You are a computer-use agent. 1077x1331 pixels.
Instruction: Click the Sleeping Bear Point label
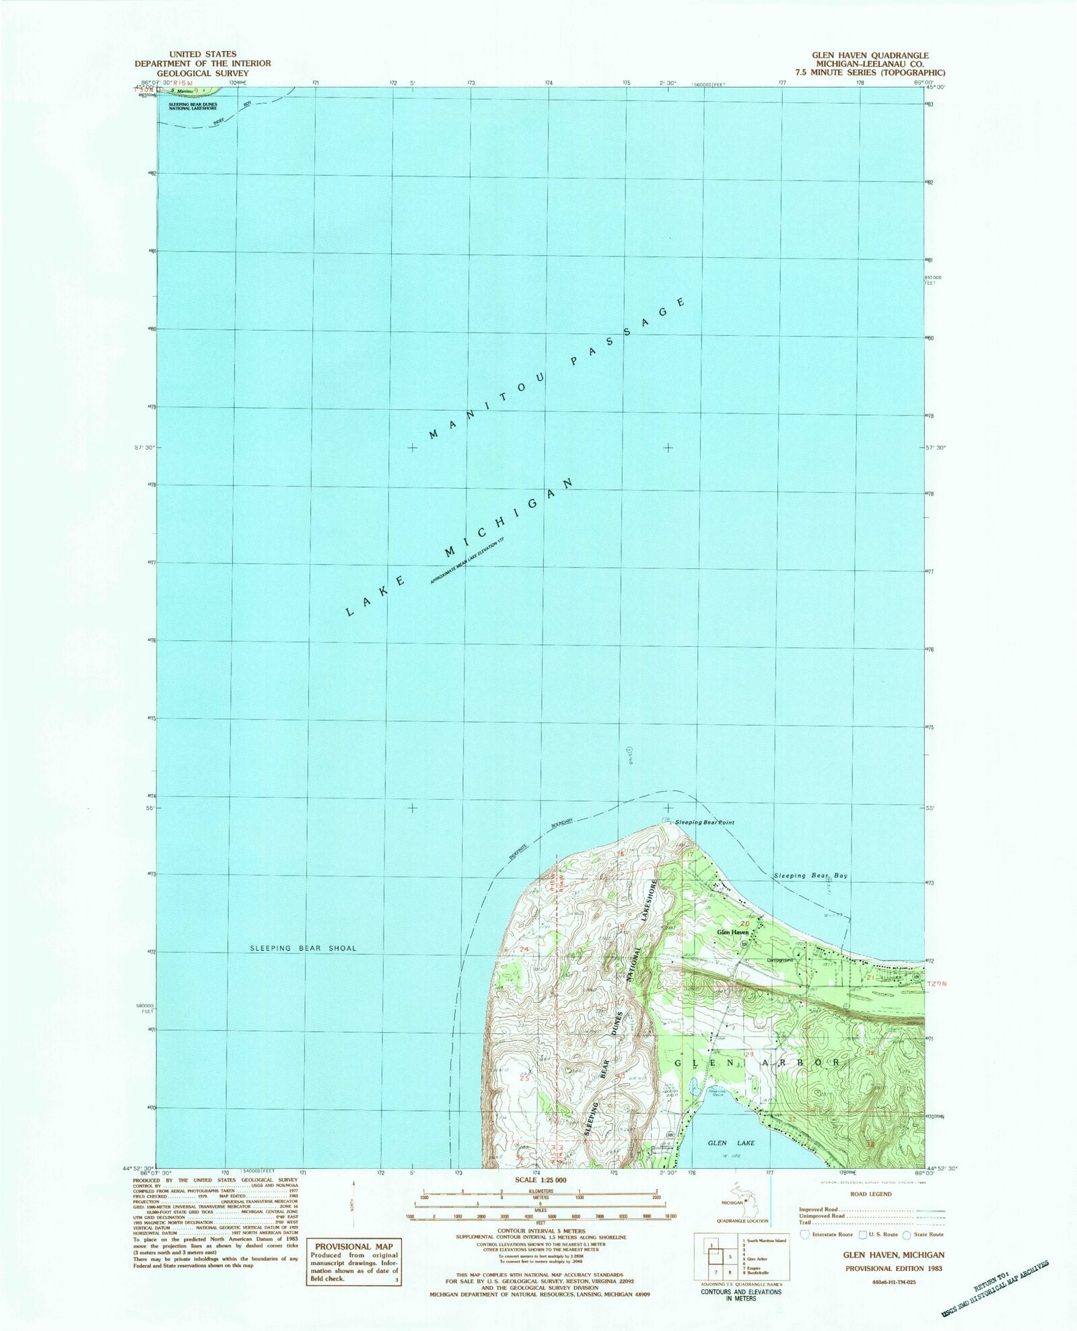pyautogui.click(x=705, y=823)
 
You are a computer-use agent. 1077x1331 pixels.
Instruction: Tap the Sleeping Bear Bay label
pyautogui.click(x=810, y=876)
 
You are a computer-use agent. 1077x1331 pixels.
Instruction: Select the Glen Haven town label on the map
pyautogui.click(x=732, y=932)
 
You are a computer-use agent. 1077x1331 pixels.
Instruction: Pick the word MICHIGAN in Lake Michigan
pyautogui.click(x=510, y=518)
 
